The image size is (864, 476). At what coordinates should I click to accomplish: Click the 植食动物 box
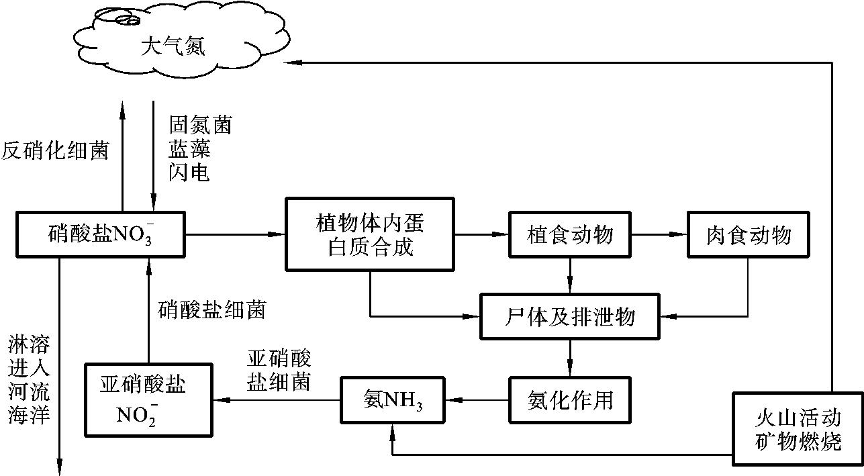569,235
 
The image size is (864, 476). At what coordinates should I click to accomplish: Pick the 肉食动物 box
748,235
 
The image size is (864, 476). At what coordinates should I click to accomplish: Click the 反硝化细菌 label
55,150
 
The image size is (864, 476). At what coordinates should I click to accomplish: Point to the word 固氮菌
200,126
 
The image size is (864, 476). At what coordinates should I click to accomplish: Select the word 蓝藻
190,149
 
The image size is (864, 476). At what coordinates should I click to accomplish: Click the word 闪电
190,173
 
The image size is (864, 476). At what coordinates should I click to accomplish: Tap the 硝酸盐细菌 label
212,310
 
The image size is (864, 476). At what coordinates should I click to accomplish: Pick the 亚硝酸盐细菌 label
279,370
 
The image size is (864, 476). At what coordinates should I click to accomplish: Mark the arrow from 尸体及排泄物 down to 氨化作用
570,358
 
